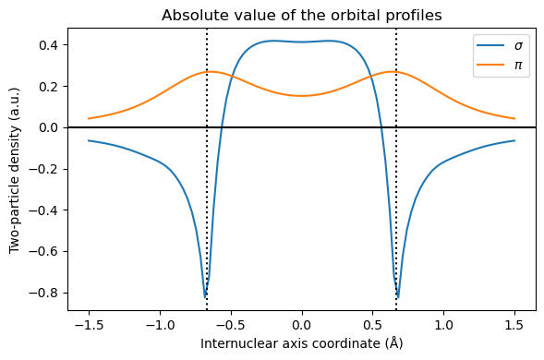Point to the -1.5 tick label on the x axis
[x=89, y=325]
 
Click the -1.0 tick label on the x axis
[x=160, y=325]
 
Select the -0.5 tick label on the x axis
[x=231, y=325]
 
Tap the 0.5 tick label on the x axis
[x=373, y=325]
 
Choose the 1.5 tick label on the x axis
[x=515, y=325]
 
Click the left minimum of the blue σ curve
[x=205, y=297]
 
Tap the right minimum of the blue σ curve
[x=398, y=297]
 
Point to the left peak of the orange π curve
[x=211, y=71]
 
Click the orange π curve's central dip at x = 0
[x=302, y=95]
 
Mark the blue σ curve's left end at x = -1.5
[x=89, y=140]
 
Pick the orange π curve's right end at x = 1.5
[x=514, y=118]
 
